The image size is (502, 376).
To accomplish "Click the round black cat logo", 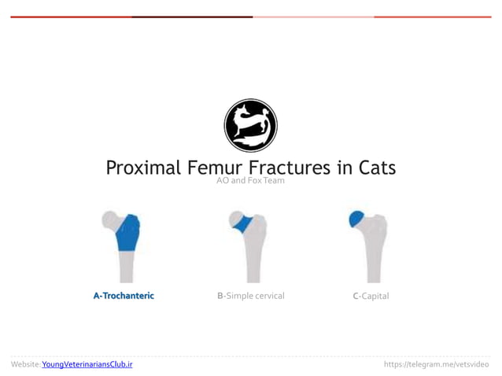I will [250, 125].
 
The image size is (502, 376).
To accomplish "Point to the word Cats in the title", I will [376, 168].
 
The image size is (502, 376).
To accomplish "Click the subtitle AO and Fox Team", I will [250, 182].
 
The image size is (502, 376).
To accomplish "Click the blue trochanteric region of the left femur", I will [127, 234].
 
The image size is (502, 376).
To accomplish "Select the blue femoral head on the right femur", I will [356, 217].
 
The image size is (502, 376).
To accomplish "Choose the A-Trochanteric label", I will [124, 296].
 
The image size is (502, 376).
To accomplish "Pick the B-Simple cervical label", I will [250, 296].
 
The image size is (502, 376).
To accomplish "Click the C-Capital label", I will [371, 296].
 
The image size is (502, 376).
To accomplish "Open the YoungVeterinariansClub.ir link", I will [87, 365].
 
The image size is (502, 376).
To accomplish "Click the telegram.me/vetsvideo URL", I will [435, 365].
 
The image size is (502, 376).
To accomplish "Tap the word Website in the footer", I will [24, 365].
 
